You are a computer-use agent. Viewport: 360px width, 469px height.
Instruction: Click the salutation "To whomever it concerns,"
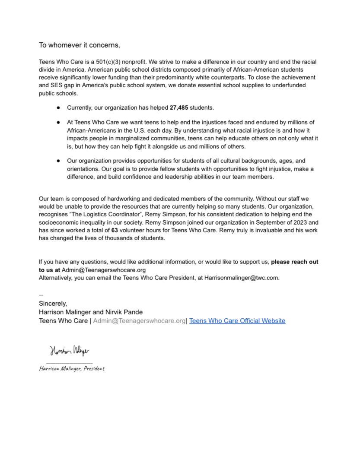click(x=80, y=45)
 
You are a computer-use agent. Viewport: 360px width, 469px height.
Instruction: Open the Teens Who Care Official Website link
click(x=237, y=321)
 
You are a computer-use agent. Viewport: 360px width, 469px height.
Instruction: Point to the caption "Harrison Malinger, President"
click(x=72, y=369)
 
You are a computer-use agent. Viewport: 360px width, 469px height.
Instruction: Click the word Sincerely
click(x=53, y=304)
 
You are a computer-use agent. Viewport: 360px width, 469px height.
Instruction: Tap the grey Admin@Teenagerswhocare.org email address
click(x=139, y=321)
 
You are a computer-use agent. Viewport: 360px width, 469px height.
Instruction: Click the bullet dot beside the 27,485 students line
click(x=58, y=108)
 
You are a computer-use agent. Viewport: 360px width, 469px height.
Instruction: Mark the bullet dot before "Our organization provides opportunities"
click(x=58, y=161)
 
